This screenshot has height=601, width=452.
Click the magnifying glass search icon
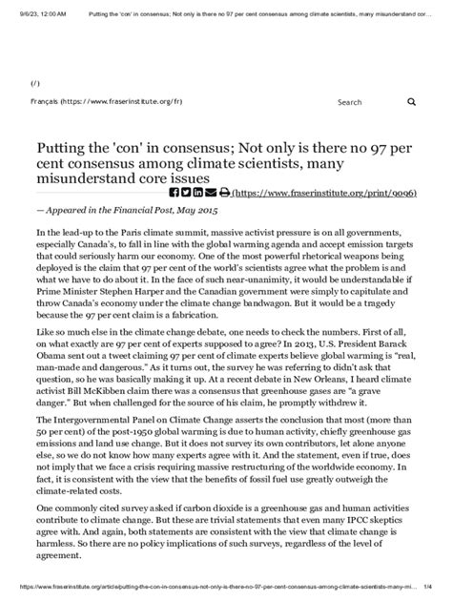point(411,101)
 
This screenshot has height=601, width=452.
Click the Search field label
point(349,101)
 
